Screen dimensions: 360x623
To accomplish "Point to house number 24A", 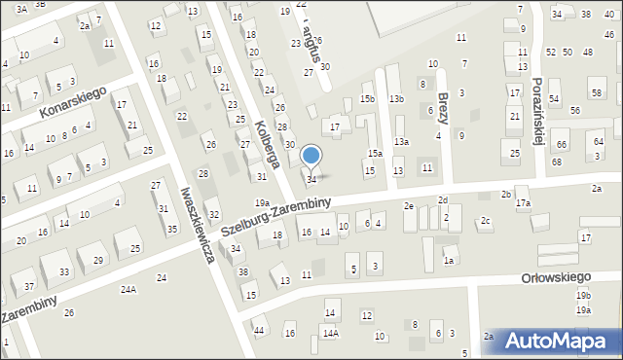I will click(128, 290).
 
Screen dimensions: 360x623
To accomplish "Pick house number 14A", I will click(331, 334).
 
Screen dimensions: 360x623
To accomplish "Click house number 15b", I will click(367, 99).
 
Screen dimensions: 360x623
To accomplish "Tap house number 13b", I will click(396, 99).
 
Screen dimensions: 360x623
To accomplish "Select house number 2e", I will click(410, 206).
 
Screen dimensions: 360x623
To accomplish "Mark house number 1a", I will click(449, 260).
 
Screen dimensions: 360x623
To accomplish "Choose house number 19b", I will click(582, 295).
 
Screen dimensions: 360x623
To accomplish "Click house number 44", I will click(258, 332).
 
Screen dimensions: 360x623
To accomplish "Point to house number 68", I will click(557, 162).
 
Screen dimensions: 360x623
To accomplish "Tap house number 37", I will click(29, 286).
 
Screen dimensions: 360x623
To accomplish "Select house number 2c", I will click(484, 222).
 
